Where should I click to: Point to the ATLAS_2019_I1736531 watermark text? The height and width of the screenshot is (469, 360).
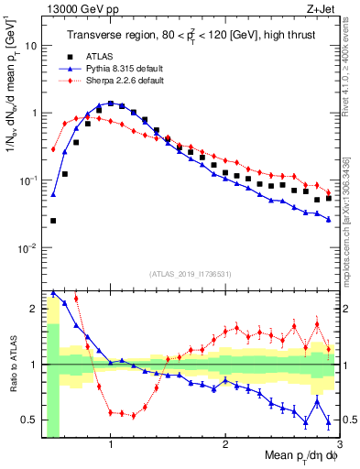point(190,273)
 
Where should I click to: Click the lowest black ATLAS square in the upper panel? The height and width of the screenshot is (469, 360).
point(53,221)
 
